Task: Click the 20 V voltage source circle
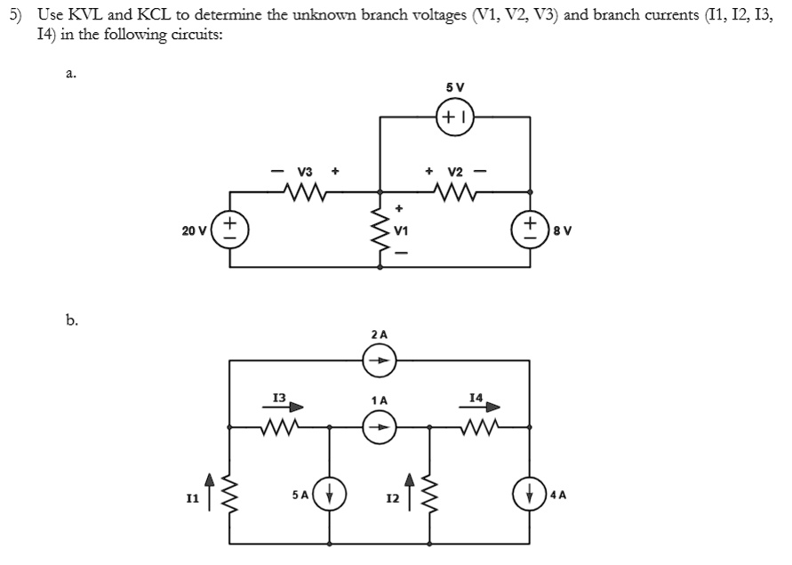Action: pos(229,229)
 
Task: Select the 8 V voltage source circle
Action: pos(532,229)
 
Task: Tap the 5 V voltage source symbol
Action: pos(455,116)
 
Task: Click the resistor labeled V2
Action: pos(456,190)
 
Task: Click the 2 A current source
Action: pos(380,361)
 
